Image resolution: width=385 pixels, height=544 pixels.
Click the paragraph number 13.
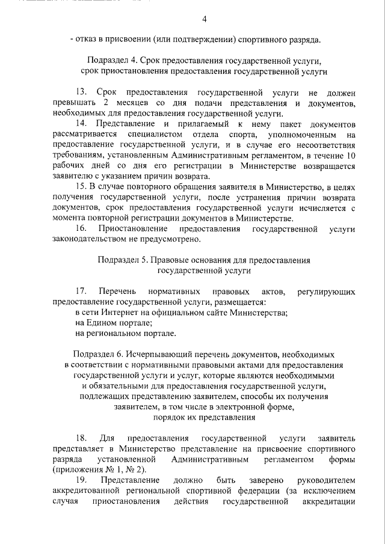coord(81,93)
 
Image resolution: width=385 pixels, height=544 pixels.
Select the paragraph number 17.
coord(81,292)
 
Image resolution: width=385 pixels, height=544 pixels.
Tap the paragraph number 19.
coord(81,480)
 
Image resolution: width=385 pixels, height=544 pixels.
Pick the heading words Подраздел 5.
coord(119,260)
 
